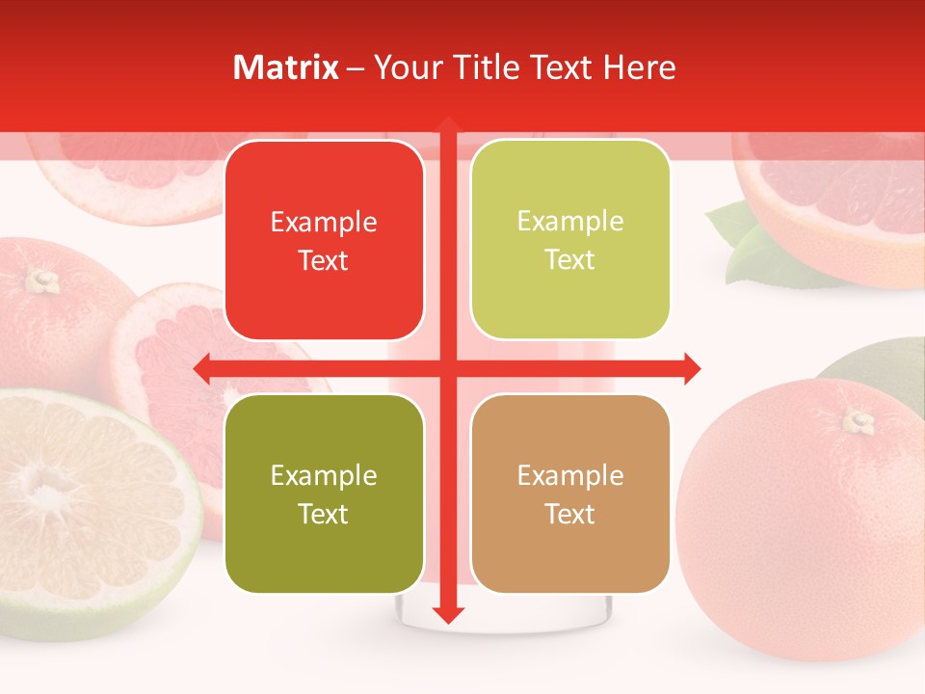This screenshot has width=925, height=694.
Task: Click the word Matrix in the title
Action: click(x=286, y=67)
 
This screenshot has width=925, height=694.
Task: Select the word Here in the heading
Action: click(x=640, y=67)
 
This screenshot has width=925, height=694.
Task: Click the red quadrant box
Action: click(x=324, y=240)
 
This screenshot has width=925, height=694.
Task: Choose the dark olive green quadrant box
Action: click(x=324, y=494)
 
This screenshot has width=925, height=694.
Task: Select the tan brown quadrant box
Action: click(x=570, y=494)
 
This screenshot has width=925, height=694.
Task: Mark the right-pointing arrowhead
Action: click(x=691, y=368)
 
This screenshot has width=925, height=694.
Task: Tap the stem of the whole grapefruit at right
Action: click(x=859, y=420)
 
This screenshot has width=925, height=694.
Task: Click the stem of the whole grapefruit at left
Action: click(x=41, y=280)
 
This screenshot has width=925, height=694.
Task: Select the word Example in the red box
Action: click(x=324, y=222)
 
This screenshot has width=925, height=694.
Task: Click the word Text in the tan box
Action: click(x=570, y=514)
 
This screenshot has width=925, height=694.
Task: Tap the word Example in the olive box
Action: click(x=324, y=475)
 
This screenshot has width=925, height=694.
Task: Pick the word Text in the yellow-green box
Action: click(x=570, y=259)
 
